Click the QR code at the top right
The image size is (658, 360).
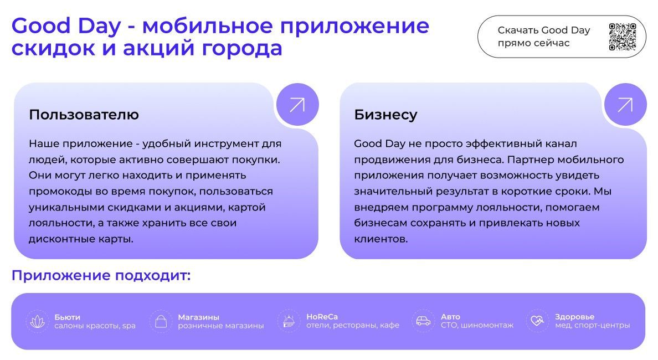[623, 37]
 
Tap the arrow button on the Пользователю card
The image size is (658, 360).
[297, 105]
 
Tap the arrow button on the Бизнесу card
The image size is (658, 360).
[625, 105]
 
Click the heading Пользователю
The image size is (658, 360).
[84, 115]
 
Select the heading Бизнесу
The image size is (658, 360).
[385, 115]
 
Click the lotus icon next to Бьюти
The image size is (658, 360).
[37, 321]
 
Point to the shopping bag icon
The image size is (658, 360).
[161, 321]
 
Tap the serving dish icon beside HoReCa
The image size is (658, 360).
[289, 321]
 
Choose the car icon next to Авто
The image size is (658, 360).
[423, 321]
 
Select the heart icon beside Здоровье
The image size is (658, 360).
[537, 321]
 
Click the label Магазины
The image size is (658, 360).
[198, 317]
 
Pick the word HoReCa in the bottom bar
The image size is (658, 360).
[322, 317]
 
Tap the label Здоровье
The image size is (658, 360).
[574, 317]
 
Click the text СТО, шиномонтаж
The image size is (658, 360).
[477, 325]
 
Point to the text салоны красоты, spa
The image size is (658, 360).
[95, 326]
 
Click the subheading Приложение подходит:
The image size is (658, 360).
[101, 276]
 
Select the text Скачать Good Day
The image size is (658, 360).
[544, 30]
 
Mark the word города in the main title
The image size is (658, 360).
[241, 48]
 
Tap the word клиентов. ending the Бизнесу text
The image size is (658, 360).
[381, 239]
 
